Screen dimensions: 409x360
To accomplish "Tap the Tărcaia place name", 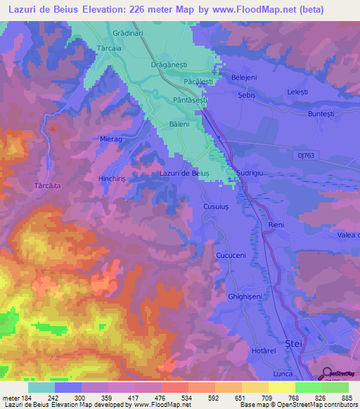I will [109, 48].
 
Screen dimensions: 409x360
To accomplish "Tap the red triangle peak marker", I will [53, 129].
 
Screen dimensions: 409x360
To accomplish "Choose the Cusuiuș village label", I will [216, 207].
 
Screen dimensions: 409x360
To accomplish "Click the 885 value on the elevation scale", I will [347, 397].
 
